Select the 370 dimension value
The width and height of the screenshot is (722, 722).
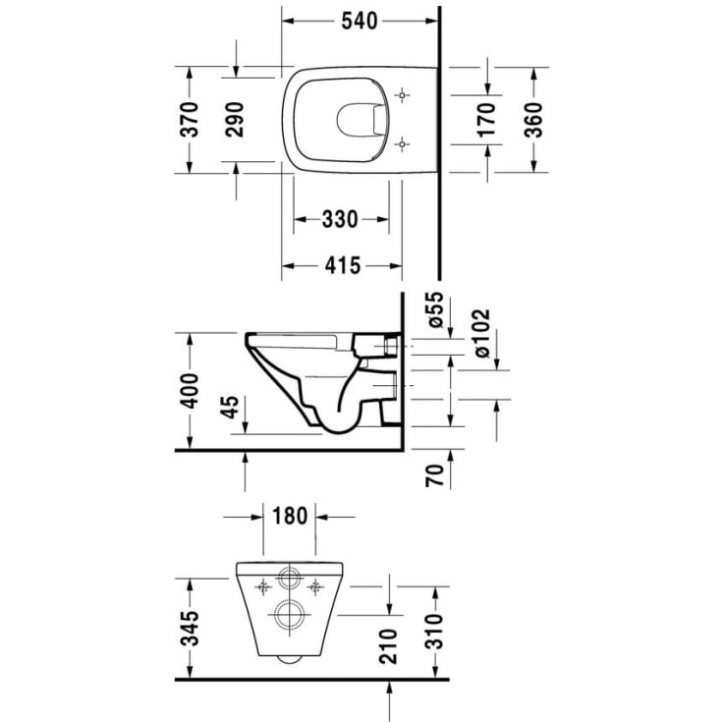[x=192, y=119]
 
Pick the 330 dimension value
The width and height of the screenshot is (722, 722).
[x=340, y=219]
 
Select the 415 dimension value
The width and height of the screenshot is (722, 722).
[x=340, y=265]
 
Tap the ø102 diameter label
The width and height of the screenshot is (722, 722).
[x=482, y=331]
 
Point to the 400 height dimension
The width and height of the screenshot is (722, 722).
[x=192, y=391]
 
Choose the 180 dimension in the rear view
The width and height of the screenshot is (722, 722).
[x=291, y=515]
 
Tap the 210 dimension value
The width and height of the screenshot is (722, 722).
[x=389, y=644]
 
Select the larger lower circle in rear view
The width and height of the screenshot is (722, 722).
[x=291, y=616]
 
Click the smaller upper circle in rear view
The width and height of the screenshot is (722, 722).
[x=291, y=577]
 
